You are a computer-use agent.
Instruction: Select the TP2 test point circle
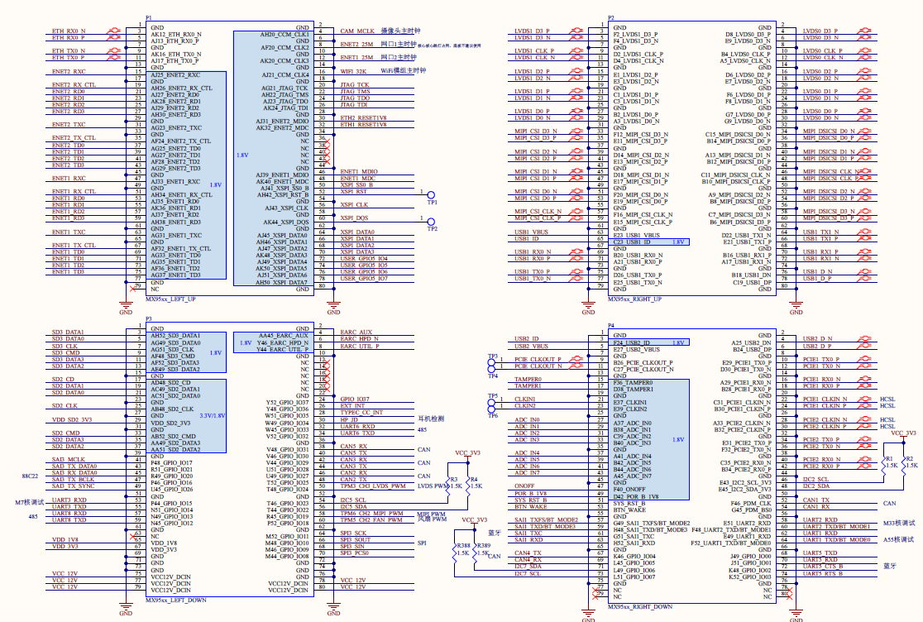click(x=430, y=220)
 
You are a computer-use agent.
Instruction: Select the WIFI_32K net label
click(x=352, y=71)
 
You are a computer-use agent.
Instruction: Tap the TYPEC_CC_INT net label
click(x=361, y=413)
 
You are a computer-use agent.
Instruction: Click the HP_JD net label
click(x=348, y=419)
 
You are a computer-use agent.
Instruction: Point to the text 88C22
click(x=31, y=477)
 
